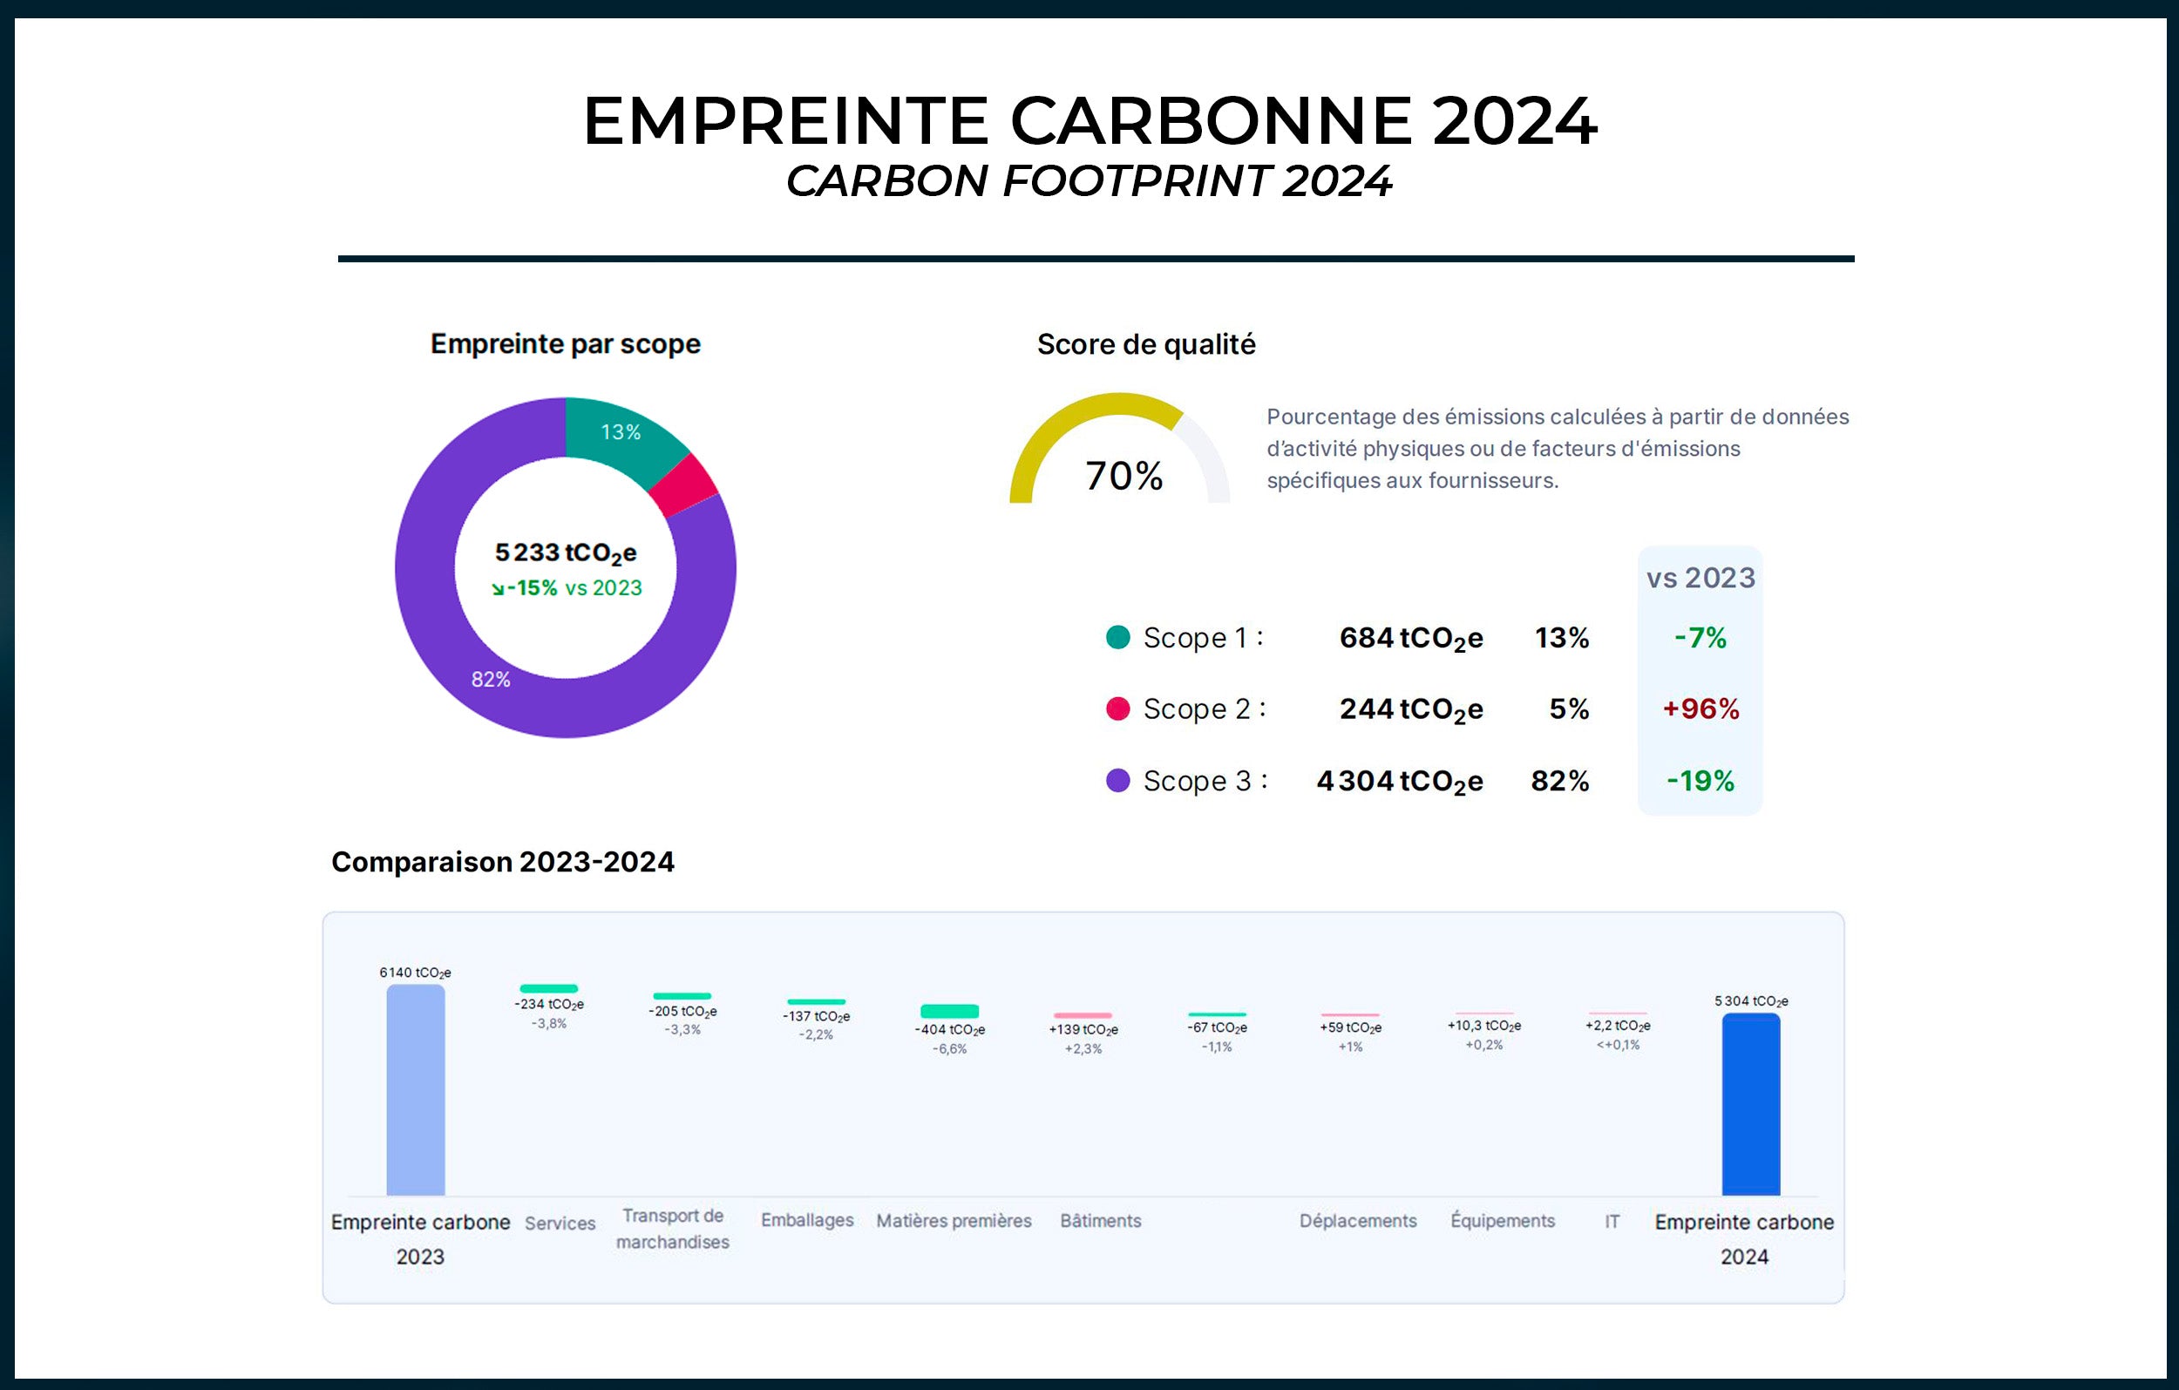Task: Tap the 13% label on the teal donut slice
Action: pyautogui.click(x=621, y=432)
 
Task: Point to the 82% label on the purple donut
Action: pyautogui.click(x=491, y=680)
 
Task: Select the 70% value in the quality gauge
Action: pyautogui.click(x=1123, y=476)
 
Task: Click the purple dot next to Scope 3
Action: pyautogui.click(x=1118, y=780)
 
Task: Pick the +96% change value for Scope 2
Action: pyautogui.click(x=1700, y=709)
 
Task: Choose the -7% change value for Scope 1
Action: pyautogui.click(x=1700, y=638)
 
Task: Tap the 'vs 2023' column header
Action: pyautogui.click(x=1700, y=578)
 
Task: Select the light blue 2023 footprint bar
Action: pyautogui.click(x=416, y=1090)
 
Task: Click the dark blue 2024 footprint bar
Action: pyautogui.click(x=1750, y=1104)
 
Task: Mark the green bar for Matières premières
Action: pyautogui.click(x=949, y=1011)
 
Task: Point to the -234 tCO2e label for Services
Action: pyautogui.click(x=549, y=1005)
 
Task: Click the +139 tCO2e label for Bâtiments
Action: pyautogui.click(x=1083, y=1030)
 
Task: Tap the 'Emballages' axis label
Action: pyautogui.click(x=807, y=1220)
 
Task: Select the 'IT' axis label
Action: pyautogui.click(x=1612, y=1222)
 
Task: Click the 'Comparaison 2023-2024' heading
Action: pyautogui.click(x=502, y=862)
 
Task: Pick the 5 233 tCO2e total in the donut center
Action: pyautogui.click(x=566, y=553)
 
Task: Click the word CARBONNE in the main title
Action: pyautogui.click(x=1210, y=121)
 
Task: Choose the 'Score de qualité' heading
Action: pyautogui.click(x=1145, y=345)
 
